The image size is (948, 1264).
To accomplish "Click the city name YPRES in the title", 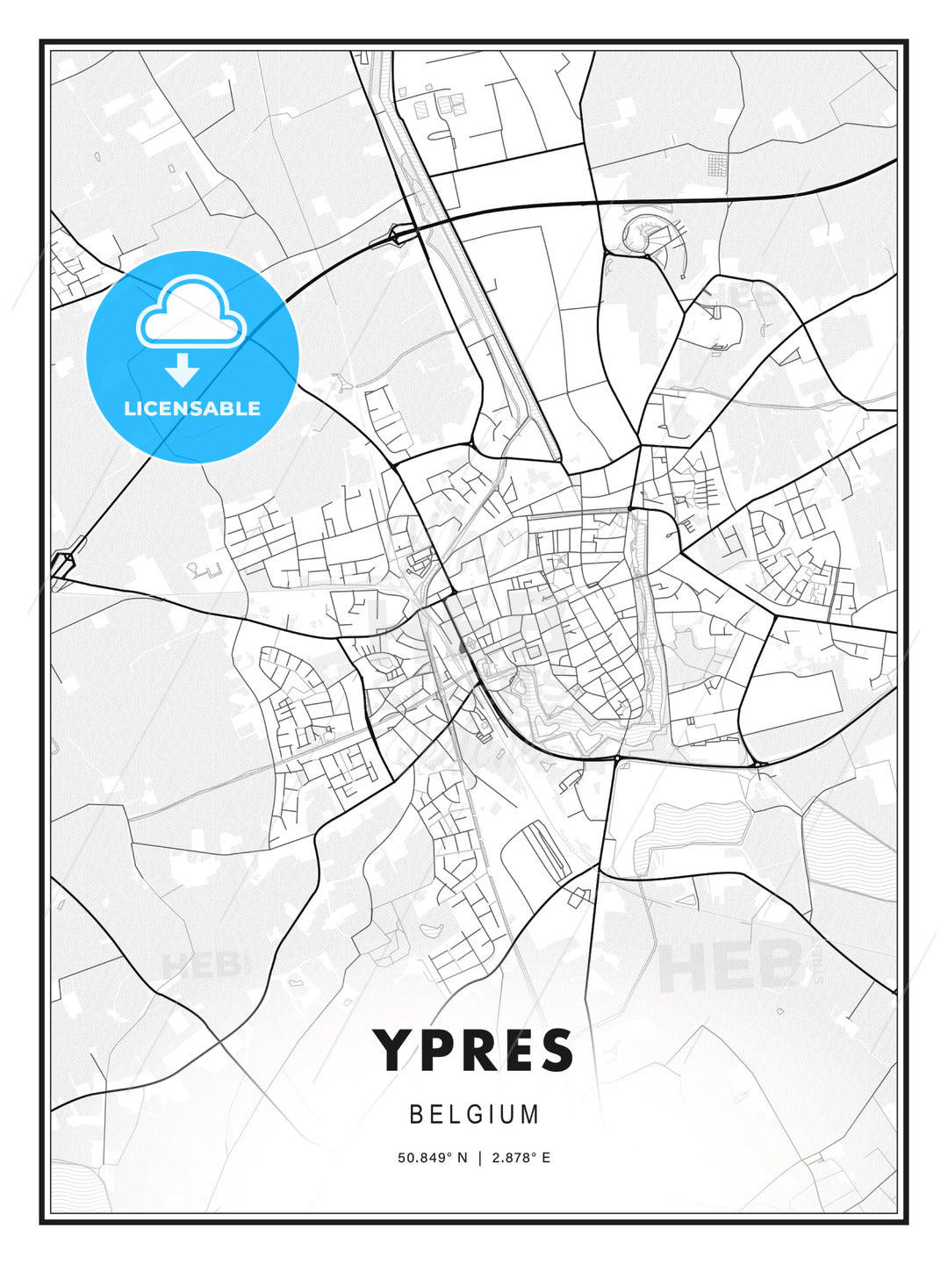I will (474, 1051).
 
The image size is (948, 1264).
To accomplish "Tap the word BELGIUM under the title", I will (474, 1114).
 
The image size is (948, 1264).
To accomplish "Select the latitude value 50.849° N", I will (433, 1158).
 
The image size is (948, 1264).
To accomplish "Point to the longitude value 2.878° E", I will (521, 1158).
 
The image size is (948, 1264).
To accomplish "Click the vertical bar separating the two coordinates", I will (479, 1158).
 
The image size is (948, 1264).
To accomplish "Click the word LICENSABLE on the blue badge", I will (192, 408).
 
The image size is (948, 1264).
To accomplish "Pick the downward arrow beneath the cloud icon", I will (182, 370).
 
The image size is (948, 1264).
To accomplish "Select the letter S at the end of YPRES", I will (557, 1051).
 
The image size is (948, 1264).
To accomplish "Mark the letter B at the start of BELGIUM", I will (416, 1114).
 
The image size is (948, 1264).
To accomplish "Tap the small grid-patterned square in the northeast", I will (717, 164).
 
